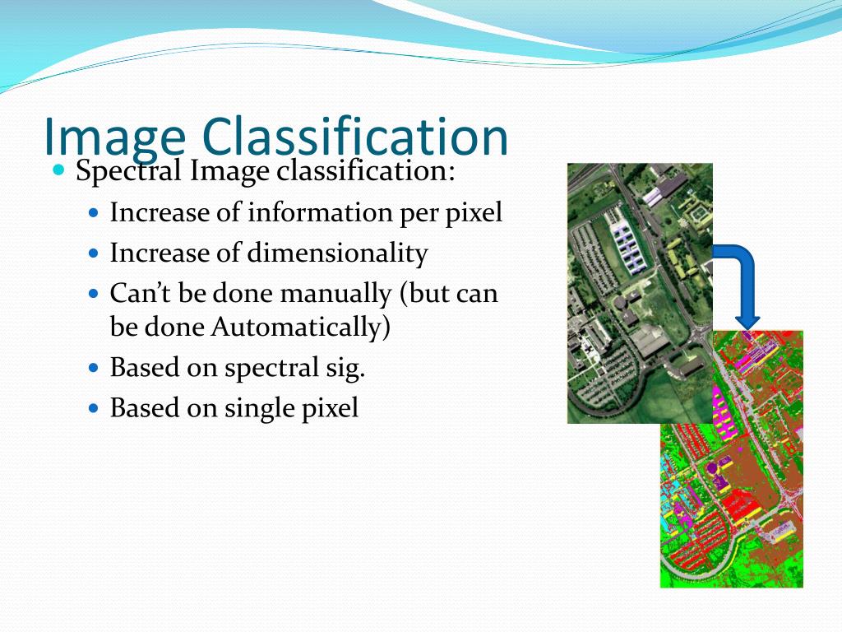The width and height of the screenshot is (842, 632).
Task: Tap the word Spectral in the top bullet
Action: click(129, 172)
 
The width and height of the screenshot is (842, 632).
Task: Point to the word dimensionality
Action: click(338, 253)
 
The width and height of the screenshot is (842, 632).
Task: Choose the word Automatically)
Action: click(300, 327)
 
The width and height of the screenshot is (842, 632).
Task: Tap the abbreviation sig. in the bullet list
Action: click(348, 368)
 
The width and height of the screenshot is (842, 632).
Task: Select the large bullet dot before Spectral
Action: click(58, 171)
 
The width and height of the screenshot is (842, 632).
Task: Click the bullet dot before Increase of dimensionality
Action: click(93, 253)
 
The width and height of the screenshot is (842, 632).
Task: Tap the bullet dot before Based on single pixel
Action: click(93, 408)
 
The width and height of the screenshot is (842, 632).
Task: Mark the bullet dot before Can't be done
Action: click(93, 294)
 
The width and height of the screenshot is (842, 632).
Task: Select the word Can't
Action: click(136, 294)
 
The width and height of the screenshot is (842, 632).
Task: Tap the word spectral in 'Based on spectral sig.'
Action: click(276, 368)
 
